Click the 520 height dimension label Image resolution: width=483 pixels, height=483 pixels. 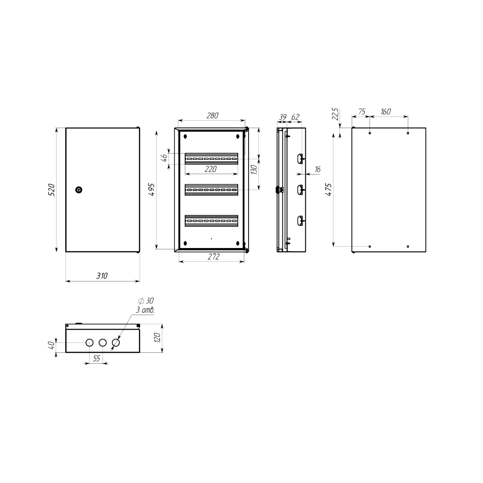pyautogui.click(x=51, y=190)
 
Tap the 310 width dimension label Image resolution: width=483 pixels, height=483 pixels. pyautogui.click(x=102, y=275)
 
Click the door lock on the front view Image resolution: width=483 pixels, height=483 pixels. pyautogui.click(x=79, y=190)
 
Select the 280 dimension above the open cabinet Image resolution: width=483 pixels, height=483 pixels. pyautogui.click(x=212, y=116)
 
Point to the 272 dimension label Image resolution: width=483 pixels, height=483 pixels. pyautogui.click(x=213, y=256)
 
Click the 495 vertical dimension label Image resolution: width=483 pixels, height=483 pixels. pyautogui.click(x=151, y=190)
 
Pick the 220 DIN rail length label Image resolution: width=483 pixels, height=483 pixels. pyautogui.click(x=211, y=169)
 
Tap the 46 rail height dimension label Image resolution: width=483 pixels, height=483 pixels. pyautogui.click(x=165, y=158)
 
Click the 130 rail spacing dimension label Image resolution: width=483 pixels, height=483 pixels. pyautogui.click(x=254, y=170)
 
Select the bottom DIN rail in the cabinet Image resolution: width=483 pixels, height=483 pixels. pyautogui.click(x=212, y=221)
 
